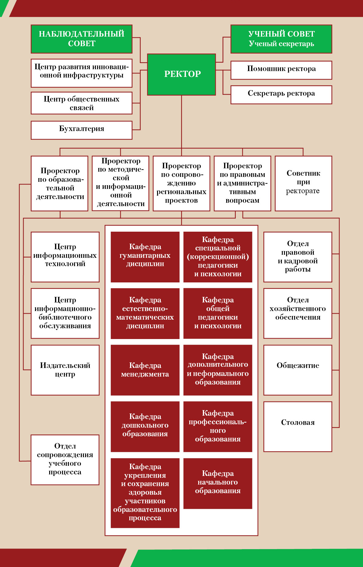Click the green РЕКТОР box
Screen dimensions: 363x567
point(181,74)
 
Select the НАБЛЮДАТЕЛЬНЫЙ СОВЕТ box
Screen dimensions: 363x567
point(81,39)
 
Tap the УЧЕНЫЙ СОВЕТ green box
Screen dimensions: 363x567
point(281,39)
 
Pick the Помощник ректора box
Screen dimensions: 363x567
point(281,70)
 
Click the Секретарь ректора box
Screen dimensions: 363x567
point(281,95)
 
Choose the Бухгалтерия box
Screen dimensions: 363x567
point(81,130)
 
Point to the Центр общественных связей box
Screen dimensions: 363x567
point(81,103)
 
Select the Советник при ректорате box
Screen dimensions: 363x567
point(303,183)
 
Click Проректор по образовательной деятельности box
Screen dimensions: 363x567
point(60,183)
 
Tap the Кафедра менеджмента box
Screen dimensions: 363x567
point(145,370)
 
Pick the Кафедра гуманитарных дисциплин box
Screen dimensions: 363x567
point(145,257)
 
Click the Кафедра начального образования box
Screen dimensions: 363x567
point(218,483)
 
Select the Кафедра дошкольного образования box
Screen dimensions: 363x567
point(145,426)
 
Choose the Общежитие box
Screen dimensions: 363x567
point(298,370)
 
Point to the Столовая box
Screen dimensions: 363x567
point(298,426)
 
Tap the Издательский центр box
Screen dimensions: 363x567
point(65,370)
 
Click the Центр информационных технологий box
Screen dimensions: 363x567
point(65,257)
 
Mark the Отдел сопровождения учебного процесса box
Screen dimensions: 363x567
point(65,460)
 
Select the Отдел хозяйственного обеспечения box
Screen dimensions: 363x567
point(298,313)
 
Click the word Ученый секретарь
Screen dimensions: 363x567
point(281,44)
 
